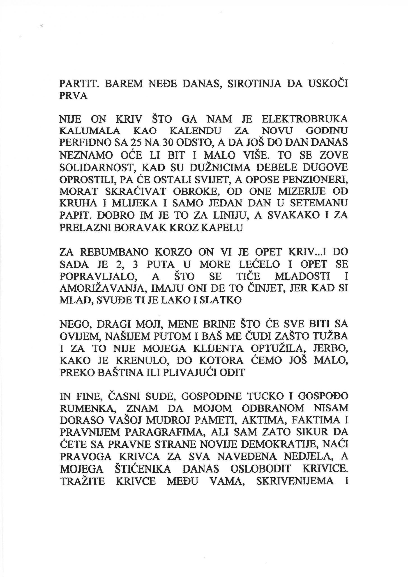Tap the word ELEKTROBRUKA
[x=305, y=119]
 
